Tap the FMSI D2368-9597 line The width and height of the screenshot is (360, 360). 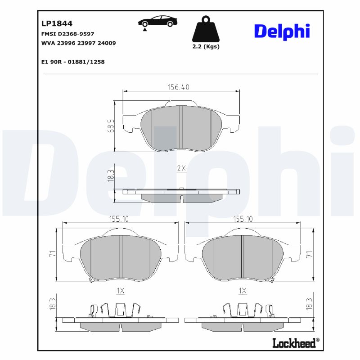(x=67, y=34)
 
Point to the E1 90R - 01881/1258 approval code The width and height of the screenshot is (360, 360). (x=72, y=62)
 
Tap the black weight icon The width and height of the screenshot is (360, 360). (x=205, y=29)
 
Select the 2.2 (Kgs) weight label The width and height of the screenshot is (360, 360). (x=205, y=47)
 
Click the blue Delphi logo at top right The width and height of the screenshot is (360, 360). (x=282, y=31)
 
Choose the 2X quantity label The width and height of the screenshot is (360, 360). (x=181, y=168)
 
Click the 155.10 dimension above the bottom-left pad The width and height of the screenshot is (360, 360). (x=119, y=219)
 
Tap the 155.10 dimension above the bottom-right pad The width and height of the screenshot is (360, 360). (x=243, y=219)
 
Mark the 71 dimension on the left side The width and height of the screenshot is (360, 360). (x=52, y=255)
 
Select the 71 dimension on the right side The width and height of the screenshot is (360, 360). (x=309, y=255)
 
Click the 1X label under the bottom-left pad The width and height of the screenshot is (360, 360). (x=120, y=291)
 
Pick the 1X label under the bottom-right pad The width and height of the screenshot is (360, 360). (x=243, y=291)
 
